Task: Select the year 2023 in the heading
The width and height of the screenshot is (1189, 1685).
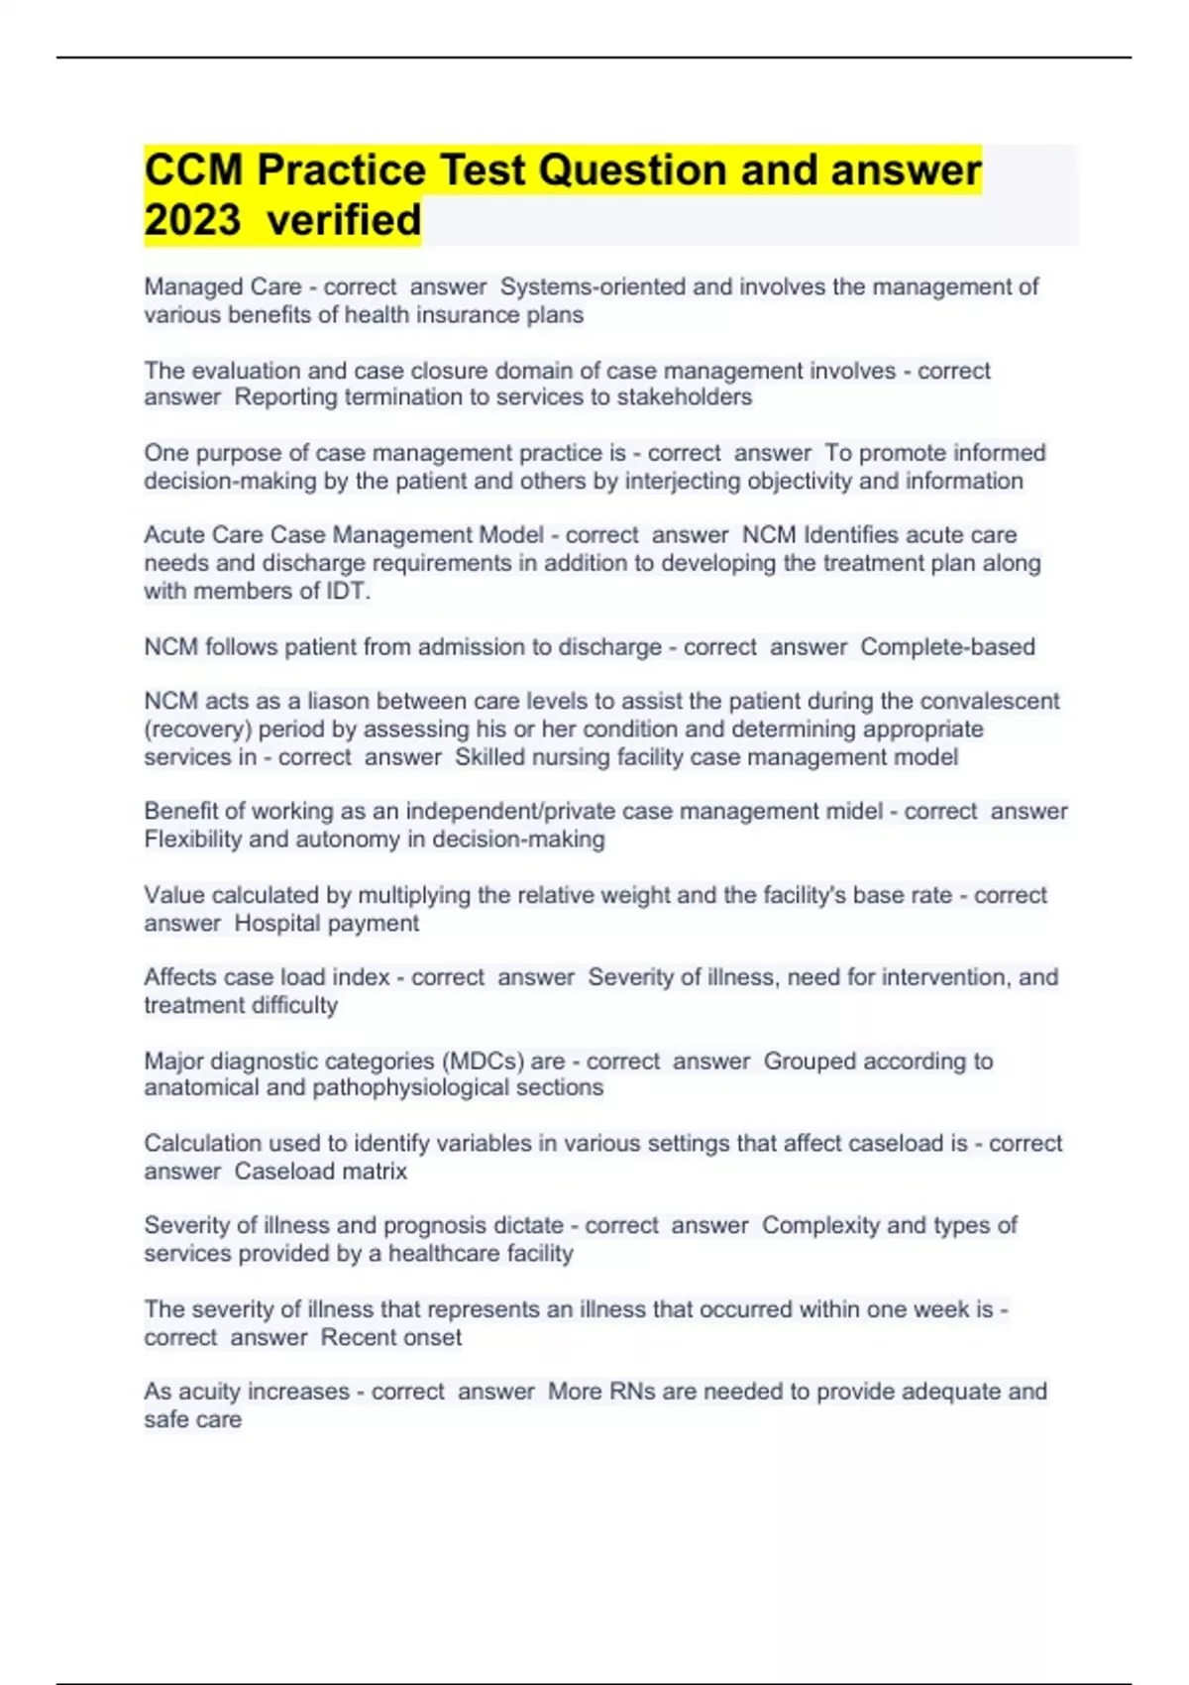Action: point(192,220)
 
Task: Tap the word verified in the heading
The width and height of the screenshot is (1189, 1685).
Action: point(345,220)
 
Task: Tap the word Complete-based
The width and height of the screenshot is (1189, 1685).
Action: point(947,647)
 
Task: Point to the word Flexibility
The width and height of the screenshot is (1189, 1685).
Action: point(193,840)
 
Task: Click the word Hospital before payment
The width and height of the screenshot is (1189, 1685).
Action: point(277,924)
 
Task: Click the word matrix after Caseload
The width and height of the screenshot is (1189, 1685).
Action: point(378,1172)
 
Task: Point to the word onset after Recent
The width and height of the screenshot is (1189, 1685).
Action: point(432,1338)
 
